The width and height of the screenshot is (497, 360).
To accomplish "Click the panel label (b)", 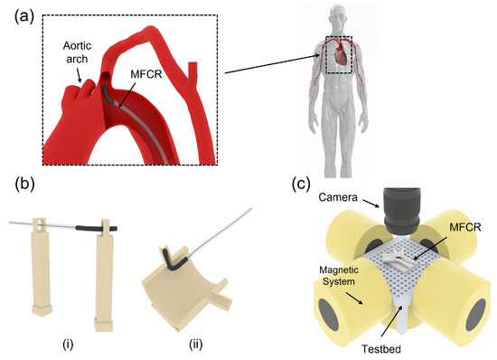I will click(x=25, y=185).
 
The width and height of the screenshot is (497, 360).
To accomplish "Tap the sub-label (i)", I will click(x=70, y=345).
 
